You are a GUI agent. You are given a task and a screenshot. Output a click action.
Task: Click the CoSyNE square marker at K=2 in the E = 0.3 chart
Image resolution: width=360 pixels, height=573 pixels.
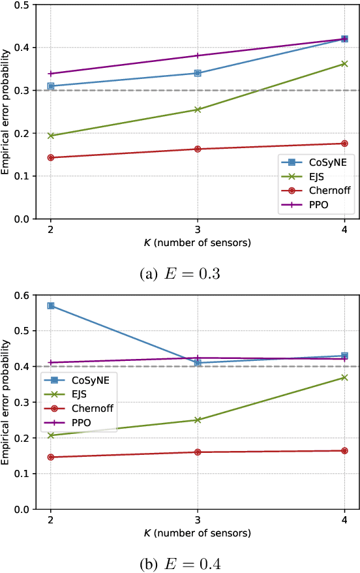tap(51, 86)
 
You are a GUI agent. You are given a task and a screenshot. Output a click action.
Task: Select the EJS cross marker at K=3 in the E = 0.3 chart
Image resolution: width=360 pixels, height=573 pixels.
tap(198, 110)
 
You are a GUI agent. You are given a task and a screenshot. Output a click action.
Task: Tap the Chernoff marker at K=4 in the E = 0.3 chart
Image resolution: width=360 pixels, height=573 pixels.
tap(344, 144)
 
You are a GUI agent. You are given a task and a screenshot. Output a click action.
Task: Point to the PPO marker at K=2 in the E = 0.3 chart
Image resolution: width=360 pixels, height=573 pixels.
tap(51, 74)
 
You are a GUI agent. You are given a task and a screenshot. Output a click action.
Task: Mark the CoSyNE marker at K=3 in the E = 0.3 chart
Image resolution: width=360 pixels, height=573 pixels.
tap(198, 73)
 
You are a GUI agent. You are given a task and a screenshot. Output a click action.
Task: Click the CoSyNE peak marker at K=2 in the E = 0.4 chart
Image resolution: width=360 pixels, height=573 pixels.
tap(51, 305)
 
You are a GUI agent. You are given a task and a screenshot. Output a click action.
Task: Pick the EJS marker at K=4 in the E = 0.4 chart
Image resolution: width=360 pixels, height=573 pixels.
tap(344, 377)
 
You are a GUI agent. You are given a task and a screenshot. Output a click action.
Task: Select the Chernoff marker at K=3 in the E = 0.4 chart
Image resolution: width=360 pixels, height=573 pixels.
tap(198, 452)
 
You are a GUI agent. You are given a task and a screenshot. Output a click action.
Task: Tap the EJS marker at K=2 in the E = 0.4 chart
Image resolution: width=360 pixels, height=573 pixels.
tap(51, 435)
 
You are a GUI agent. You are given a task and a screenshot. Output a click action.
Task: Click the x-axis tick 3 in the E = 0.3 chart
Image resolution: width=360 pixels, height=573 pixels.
tap(198, 230)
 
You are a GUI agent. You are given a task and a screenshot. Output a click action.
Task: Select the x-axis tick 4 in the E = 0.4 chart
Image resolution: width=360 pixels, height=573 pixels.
tap(344, 519)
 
